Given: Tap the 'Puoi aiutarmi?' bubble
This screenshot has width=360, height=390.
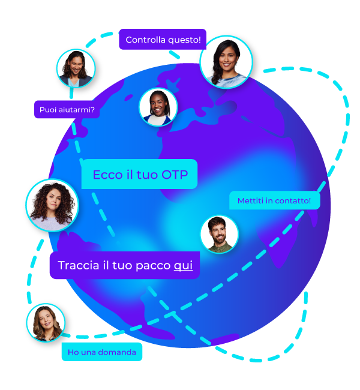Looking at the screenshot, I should pos(67,110).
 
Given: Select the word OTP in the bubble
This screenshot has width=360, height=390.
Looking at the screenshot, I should pos(175,175).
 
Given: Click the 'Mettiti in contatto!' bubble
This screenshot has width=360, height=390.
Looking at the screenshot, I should pos(274,200).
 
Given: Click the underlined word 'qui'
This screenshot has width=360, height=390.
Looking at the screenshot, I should pos(183,265).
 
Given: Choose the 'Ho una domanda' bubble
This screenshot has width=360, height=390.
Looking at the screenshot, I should pos(102,352).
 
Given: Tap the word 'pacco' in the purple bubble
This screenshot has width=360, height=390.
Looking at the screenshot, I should pos(154,265).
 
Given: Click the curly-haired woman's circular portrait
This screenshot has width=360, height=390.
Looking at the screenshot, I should pos(52,205).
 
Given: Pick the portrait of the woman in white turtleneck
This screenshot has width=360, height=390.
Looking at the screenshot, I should pos(158,107).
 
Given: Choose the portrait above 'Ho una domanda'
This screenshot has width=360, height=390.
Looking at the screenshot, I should pos(46,323).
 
